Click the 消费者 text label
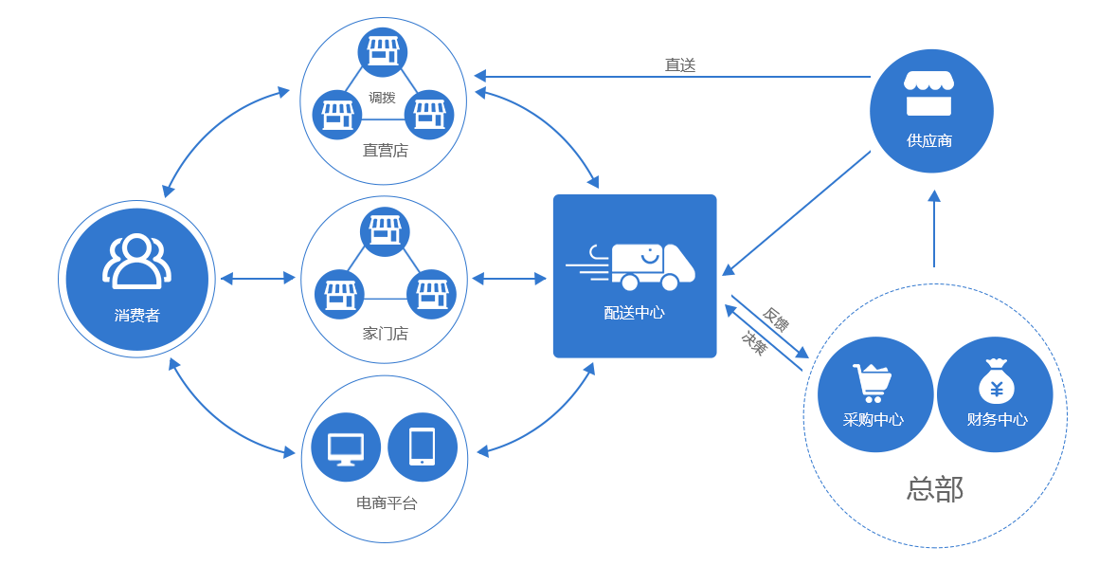click(137, 316)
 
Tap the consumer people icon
click(136, 261)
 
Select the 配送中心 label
click(634, 312)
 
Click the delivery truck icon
click(653, 266)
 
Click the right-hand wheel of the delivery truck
click(670, 282)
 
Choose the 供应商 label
click(928, 140)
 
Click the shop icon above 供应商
click(928, 93)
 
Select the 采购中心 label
click(873, 419)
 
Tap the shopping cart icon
click(872, 383)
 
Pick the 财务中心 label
click(997, 419)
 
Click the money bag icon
click(996, 382)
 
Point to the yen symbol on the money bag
click(996, 389)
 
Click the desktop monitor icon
click(346, 448)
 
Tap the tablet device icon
click(422, 447)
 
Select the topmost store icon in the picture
click(383, 51)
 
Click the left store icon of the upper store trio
click(337, 116)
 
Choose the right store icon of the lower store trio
click(432, 295)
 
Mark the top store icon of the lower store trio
click(385, 230)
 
